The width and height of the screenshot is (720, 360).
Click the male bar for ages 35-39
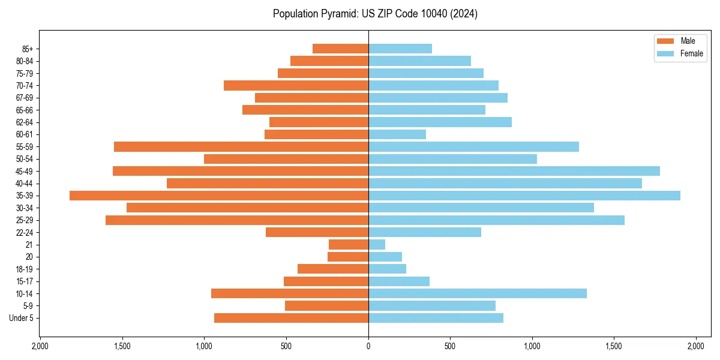[x=219, y=196]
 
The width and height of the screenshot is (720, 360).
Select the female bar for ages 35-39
[x=524, y=196]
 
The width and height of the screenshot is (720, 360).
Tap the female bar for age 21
[x=377, y=245]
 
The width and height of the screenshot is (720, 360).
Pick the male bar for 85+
[x=340, y=49]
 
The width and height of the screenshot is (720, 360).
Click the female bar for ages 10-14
[x=478, y=293]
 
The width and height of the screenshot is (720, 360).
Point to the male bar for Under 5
[x=291, y=318]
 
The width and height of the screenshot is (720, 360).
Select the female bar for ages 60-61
[x=397, y=134]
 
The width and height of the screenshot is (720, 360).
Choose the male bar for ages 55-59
[x=241, y=147]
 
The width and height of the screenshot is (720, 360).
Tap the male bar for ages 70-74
[x=296, y=86]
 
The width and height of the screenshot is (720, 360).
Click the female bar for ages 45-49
[x=514, y=171]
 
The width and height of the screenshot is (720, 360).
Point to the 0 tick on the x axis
[x=368, y=347]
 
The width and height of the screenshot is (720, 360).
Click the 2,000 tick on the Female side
[x=696, y=347]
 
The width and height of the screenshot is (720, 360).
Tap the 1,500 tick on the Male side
[x=122, y=347]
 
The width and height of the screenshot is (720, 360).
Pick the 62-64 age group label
[x=25, y=122]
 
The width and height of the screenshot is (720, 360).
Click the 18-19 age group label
[x=25, y=269]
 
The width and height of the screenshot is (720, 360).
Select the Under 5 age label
[x=21, y=318]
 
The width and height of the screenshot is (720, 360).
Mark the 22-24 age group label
[x=25, y=233]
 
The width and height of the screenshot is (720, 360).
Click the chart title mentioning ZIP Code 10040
[x=375, y=14]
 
